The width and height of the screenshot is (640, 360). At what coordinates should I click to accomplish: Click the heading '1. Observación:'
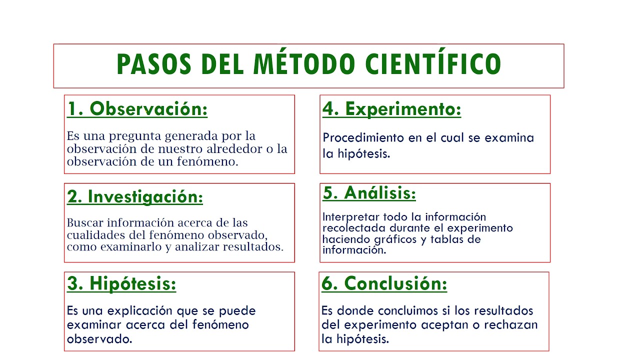coord(137,109)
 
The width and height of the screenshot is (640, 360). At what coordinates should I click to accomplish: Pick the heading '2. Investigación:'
coord(135,197)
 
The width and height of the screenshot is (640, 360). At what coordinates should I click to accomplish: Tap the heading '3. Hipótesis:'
coord(121,284)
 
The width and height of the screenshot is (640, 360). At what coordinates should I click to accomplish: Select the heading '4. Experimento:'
coord(391,109)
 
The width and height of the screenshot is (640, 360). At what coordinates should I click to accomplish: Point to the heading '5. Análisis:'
coord(369,193)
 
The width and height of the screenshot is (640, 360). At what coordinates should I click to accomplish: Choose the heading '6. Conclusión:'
coord(384,284)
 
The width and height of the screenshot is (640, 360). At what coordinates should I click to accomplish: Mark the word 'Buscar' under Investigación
coord(84,223)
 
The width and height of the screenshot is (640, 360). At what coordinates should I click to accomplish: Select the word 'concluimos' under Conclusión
coord(409,311)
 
